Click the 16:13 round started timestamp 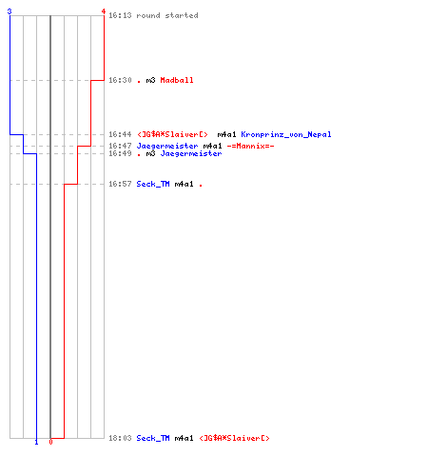[x=120, y=15]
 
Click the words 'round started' [x=167, y=15]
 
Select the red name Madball [x=177, y=80]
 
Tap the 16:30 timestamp [x=120, y=80]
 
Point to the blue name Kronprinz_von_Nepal [x=286, y=134]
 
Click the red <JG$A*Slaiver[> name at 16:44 [x=172, y=134]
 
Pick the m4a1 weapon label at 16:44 [x=226, y=134]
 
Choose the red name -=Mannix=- [x=250, y=146]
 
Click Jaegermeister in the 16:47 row [x=167, y=146]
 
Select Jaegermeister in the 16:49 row [x=191, y=153]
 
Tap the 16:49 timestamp [x=120, y=153]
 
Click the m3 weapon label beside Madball [x=150, y=80]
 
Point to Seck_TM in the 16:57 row [x=153, y=184]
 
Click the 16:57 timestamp [x=120, y=184]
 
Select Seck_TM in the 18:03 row [x=153, y=438]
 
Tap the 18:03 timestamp [x=120, y=438]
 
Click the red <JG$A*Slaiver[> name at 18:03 [x=234, y=438]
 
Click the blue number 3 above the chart [x=10, y=11]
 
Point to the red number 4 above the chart [x=104, y=11]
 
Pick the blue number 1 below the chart [x=36, y=442]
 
